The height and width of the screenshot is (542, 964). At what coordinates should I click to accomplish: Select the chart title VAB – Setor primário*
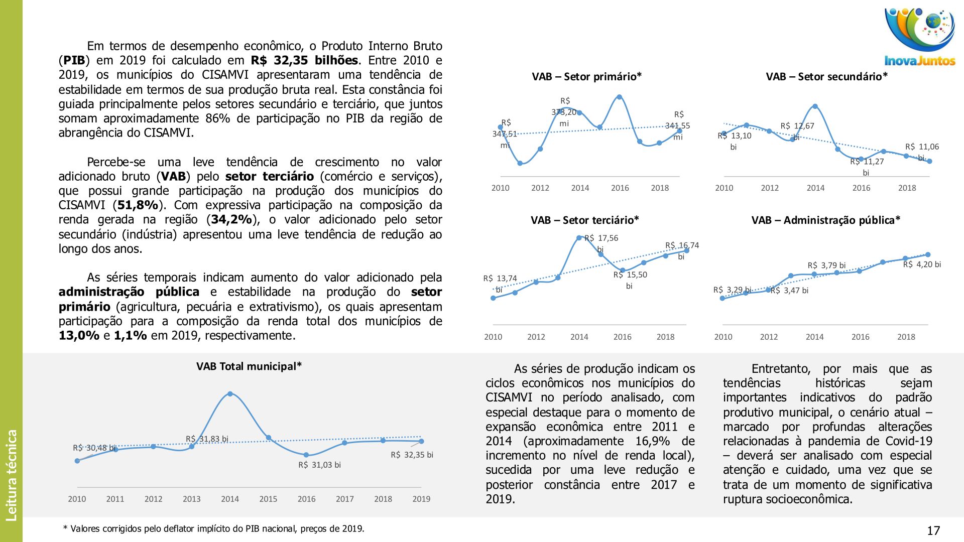[x=586, y=77]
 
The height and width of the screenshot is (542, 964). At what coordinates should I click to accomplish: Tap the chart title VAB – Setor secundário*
[x=826, y=77]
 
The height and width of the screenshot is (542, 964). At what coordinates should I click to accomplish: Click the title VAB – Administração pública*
[x=825, y=220]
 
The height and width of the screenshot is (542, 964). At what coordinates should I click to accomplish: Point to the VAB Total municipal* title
[x=249, y=366]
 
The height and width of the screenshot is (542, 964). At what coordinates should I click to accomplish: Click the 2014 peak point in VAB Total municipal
[x=230, y=394]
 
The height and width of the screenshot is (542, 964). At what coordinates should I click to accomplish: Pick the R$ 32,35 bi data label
[x=412, y=455]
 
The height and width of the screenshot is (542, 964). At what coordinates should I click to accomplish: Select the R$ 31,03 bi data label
[x=319, y=465]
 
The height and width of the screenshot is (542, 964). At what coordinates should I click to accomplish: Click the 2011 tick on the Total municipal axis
[x=115, y=499]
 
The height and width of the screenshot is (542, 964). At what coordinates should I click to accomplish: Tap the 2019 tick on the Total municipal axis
[x=421, y=499]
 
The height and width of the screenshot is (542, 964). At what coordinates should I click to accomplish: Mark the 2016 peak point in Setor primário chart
[x=619, y=97]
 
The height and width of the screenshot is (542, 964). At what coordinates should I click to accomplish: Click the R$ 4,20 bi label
[x=922, y=264]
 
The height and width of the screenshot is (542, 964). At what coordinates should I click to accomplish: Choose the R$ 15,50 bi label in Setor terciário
[x=630, y=280]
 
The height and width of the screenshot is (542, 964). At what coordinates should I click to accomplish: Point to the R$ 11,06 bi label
[x=922, y=152]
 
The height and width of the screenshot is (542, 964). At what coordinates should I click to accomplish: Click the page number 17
[x=933, y=530]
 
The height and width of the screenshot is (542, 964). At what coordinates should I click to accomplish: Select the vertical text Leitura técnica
[x=12, y=475]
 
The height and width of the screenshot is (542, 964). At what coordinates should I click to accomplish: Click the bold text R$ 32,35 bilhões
[x=304, y=61]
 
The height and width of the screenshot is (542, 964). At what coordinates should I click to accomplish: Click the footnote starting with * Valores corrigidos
[x=213, y=528]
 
